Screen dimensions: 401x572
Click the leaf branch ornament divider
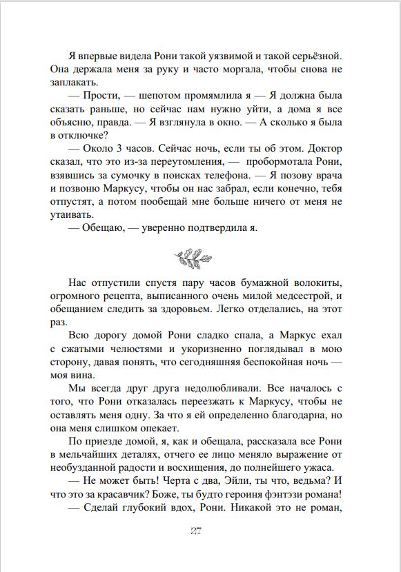click(200, 258)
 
